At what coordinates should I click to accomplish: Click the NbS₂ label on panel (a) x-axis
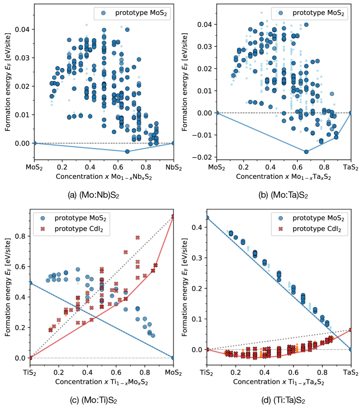[173, 169]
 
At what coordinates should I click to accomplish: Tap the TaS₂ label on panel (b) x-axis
[350, 169]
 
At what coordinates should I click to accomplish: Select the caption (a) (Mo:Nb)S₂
[95, 195]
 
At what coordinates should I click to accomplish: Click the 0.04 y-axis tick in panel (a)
[22, 29]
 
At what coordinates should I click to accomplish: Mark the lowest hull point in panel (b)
[306, 151]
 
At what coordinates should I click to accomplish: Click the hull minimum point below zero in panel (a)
[127, 151]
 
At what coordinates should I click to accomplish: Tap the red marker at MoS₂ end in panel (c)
[173, 217]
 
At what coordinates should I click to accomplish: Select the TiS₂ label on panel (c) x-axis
[30, 373]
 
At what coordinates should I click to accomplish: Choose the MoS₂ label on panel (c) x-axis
[173, 373]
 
